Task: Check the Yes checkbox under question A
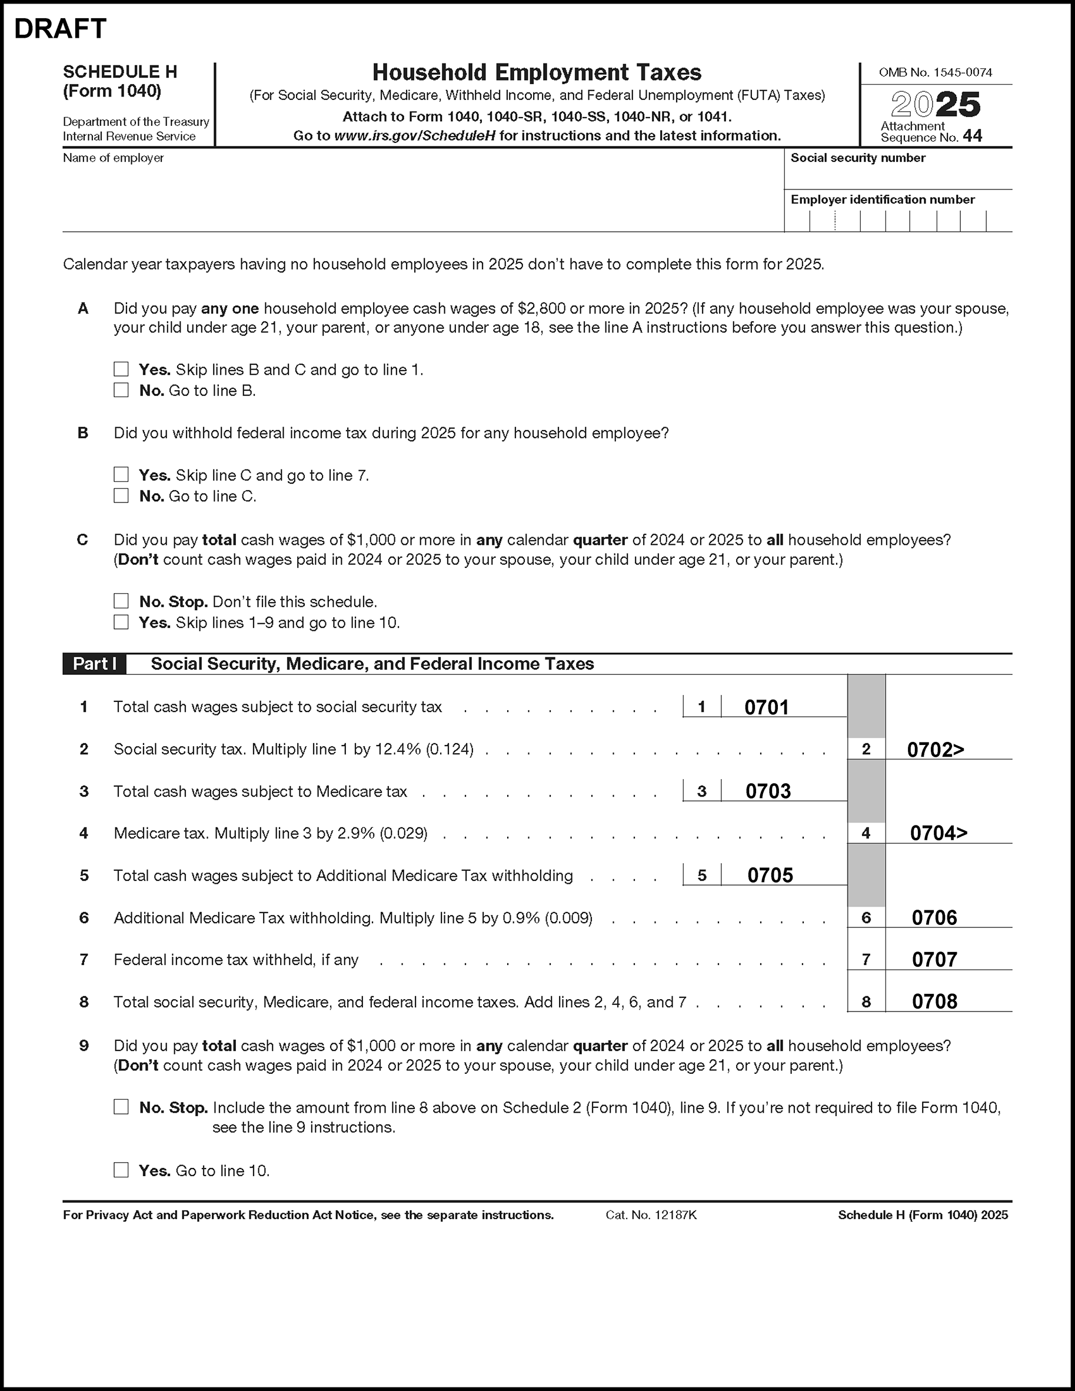point(121,370)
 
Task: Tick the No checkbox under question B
point(121,495)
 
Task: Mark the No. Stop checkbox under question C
point(121,601)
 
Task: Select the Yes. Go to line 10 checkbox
point(121,1170)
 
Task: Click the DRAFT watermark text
point(60,29)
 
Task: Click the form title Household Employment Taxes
point(536,72)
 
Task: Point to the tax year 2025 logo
point(936,105)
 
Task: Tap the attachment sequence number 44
point(973,136)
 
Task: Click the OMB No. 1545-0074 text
point(935,72)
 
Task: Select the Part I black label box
point(94,664)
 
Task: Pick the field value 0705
point(770,876)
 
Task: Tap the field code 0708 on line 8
point(934,1002)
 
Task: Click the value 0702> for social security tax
point(935,750)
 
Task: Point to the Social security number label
point(857,158)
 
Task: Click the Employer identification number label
point(882,200)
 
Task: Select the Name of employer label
point(113,158)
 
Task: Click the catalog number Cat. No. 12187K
point(651,1215)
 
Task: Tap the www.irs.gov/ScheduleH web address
point(415,136)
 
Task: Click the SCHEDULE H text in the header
point(119,72)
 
